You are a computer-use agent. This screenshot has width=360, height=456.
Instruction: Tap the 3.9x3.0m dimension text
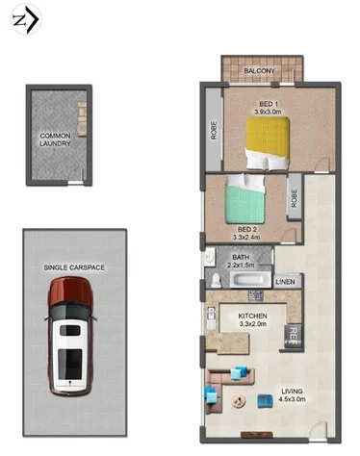pos(269,111)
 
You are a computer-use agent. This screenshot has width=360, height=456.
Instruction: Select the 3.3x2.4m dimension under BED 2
pos(248,238)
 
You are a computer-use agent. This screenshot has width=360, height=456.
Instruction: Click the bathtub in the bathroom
pos(247,280)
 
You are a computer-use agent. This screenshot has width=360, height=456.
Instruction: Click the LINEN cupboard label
pos(285,282)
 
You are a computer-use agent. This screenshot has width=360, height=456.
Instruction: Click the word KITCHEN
pos(252,316)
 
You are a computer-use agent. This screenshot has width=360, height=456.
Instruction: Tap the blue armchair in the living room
pos(212,393)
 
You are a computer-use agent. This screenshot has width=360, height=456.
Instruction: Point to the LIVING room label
pos(290,391)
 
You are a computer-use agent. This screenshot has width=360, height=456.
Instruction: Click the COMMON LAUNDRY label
pos(55,140)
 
